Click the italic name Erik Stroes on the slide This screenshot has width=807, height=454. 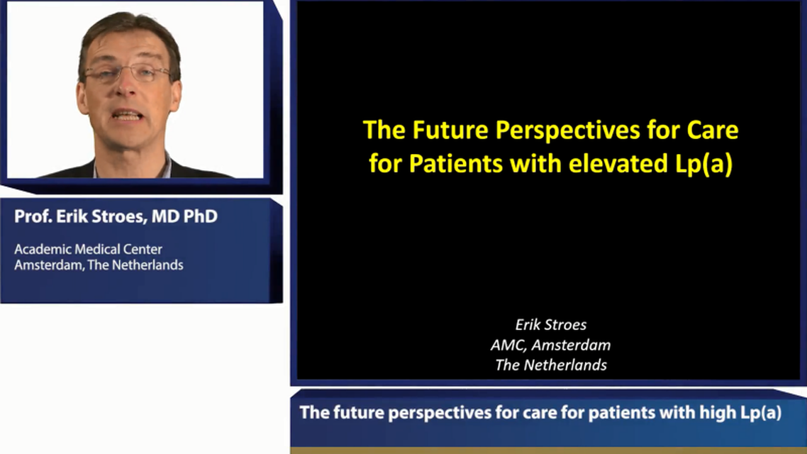tap(550, 325)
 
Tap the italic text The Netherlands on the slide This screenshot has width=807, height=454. tap(550, 365)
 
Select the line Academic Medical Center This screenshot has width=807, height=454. tap(88, 250)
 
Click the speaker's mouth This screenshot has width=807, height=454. tap(128, 116)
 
